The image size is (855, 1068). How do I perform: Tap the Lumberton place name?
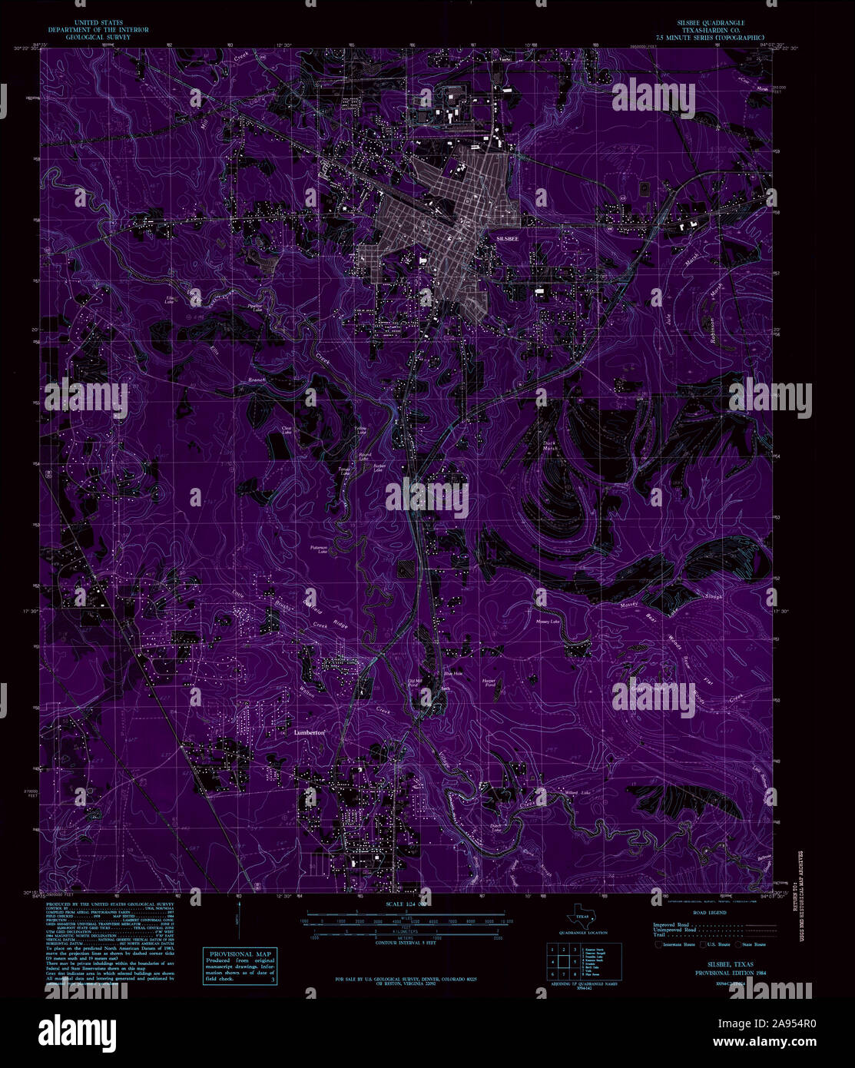[x=311, y=733]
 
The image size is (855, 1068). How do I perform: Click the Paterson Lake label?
[x=320, y=549]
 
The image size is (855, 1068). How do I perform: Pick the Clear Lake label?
[x=287, y=430]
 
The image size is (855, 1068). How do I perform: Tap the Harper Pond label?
[x=489, y=682]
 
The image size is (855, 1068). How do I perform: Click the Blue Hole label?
[x=453, y=674]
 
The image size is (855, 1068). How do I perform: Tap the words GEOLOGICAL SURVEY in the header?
[x=98, y=36]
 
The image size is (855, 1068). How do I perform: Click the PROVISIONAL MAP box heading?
[x=237, y=954]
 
